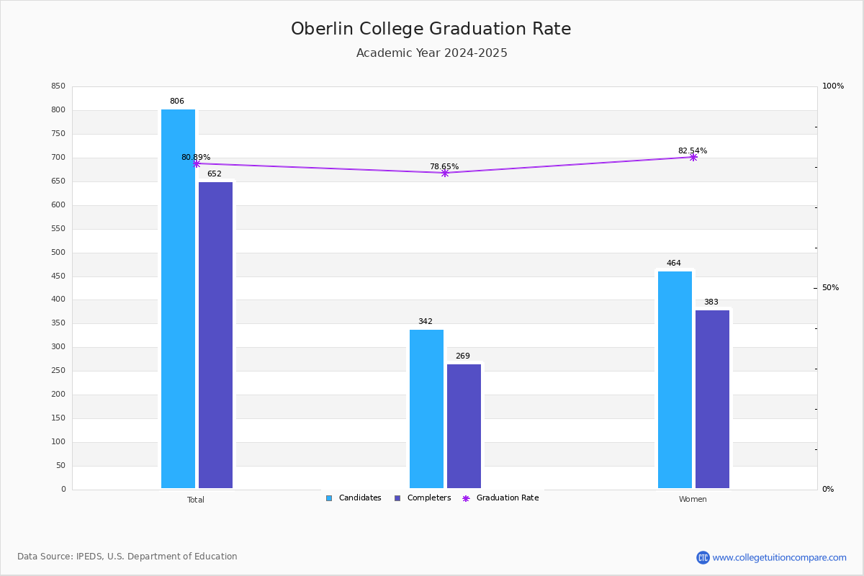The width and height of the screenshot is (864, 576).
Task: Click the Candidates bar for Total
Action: [178, 299]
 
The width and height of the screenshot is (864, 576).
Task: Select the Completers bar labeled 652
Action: [215, 335]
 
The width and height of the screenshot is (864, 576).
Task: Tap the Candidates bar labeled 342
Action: [426, 409]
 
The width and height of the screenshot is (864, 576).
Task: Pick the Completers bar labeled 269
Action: [464, 426]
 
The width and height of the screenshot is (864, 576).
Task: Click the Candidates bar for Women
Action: [675, 379]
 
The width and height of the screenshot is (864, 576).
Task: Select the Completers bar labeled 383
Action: [712, 399]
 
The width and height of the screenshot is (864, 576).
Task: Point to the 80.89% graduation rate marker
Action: [196, 163]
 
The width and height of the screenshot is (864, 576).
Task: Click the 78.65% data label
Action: [444, 166]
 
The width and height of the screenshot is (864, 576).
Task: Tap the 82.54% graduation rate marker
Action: [693, 157]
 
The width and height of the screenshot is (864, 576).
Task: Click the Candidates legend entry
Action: [354, 498]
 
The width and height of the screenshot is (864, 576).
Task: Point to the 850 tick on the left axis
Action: [58, 86]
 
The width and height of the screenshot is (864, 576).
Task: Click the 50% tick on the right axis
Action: [830, 288]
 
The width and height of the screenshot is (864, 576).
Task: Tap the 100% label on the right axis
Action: [833, 86]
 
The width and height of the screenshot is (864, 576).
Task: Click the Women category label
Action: [693, 500]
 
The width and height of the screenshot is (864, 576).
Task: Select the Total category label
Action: [196, 500]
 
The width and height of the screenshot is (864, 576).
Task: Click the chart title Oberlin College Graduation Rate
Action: [431, 29]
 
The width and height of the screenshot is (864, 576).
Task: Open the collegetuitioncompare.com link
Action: [779, 557]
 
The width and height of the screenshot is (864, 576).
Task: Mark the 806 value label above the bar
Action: [177, 102]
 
